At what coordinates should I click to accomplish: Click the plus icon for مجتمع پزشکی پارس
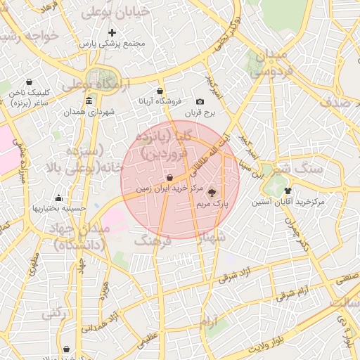point(112,32)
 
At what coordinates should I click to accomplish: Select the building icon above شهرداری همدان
point(89,102)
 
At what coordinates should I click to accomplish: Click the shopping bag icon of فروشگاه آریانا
point(160,91)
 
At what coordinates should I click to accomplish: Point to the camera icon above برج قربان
point(200,102)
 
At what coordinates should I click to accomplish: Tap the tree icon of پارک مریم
point(213,192)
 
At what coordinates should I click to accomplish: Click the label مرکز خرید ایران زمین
point(169,189)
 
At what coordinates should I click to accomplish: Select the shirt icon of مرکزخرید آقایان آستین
point(288,191)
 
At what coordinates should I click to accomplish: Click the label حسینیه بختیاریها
point(59,208)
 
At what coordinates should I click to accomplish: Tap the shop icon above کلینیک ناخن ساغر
point(29,82)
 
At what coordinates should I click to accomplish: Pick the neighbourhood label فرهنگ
point(153,241)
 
